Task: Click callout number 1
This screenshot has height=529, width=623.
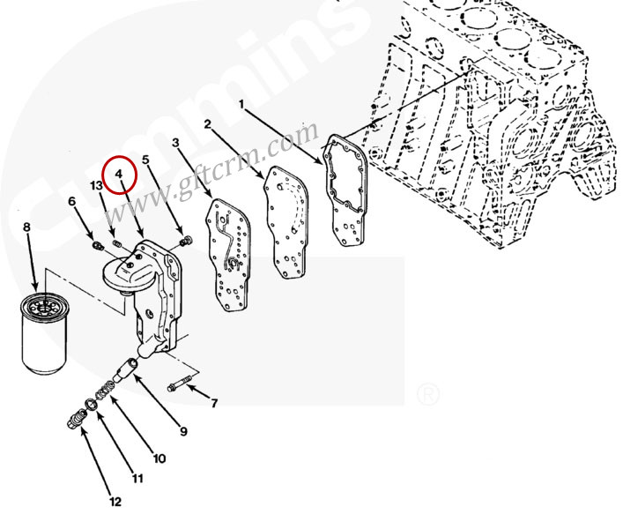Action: (x=241, y=105)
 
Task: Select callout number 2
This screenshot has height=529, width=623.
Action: (x=207, y=124)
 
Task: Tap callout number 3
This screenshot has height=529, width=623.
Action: (x=175, y=142)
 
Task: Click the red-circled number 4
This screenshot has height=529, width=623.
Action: (x=119, y=174)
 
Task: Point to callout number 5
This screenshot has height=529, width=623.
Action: (x=145, y=160)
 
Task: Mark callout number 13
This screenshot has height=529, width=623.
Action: (x=96, y=186)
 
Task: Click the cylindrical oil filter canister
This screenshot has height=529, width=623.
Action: (x=44, y=333)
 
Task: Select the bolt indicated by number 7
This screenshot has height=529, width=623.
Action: (x=180, y=384)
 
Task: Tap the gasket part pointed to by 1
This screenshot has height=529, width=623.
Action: (x=345, y=190)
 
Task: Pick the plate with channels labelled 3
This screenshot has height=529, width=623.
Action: (x=227, y=255)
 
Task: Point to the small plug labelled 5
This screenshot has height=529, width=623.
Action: (x=187, y=241)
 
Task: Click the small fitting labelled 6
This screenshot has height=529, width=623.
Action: (x=97, y=246)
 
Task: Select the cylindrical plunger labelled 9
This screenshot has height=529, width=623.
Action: (x=126, y=369)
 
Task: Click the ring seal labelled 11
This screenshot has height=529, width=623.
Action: (x=92, y=405)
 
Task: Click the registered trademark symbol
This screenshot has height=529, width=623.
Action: (x=428, y=395)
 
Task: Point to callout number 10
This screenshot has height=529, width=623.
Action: (x=159, y=458)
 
